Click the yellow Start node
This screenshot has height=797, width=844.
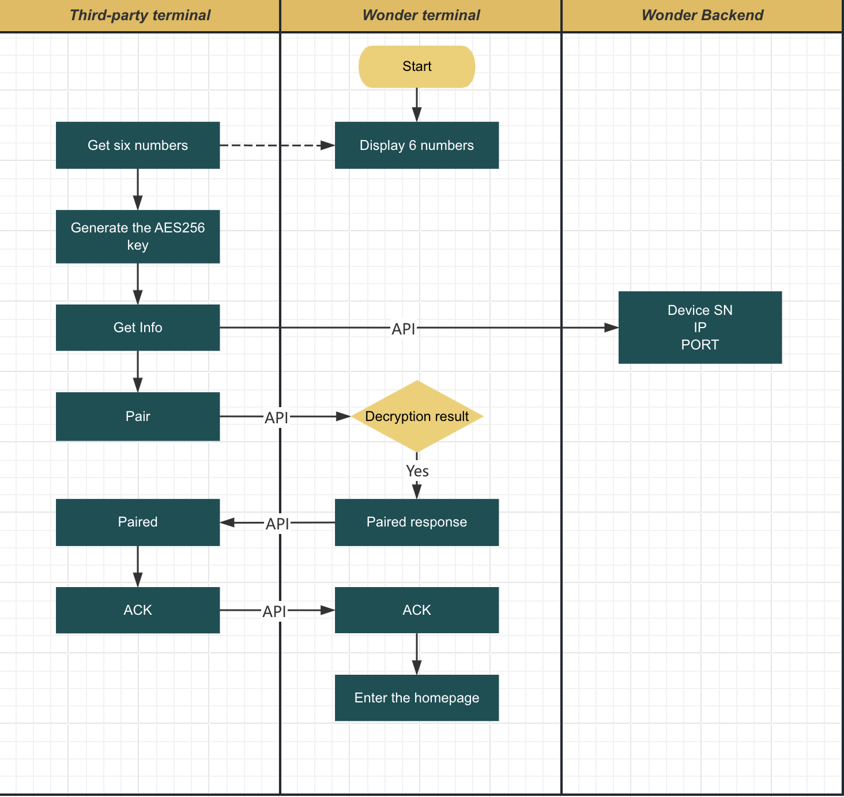click(417, 67)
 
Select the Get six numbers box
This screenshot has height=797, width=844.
click(138, 145)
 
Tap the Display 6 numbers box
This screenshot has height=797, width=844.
click(417, 145)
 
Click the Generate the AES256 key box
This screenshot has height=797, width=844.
click(138, 236)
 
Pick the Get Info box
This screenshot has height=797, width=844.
click(138, 328)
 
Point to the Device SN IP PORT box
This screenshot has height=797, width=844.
click(700, 328)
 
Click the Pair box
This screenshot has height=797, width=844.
click(138, 416)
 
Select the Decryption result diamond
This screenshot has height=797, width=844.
click(417, 416)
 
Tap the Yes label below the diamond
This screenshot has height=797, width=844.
click(417, 471)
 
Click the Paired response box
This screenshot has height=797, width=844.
click(417, 522)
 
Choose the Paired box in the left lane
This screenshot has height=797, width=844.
click(138, 522)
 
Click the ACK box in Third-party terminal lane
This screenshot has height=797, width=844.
click(138, 610)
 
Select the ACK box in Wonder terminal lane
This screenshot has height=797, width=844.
click(417, 610)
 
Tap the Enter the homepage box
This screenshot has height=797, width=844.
click(417, 698)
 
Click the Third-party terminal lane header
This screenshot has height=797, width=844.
click(140, 16)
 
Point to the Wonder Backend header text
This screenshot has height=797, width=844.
click(702, 16)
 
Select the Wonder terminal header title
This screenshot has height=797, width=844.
click(421, 16)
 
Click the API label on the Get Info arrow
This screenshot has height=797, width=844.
click(403, 329)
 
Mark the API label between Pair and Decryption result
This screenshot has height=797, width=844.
click(276, 418)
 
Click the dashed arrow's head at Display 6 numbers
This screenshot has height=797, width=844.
click(329, 145)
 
